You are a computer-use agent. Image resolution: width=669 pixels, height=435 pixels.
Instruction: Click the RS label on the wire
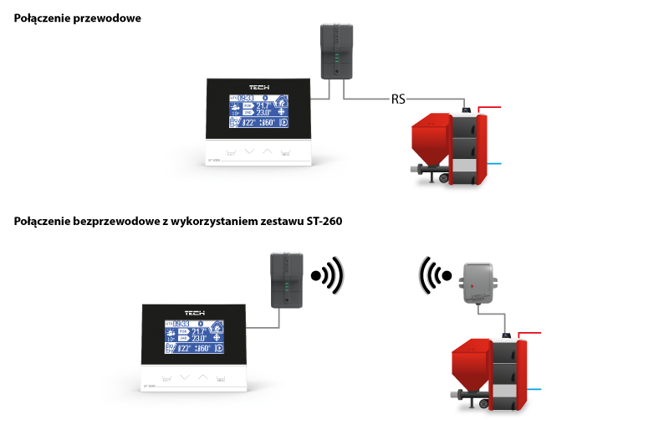[398, 100]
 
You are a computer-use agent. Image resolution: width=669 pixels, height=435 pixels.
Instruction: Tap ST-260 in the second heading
[323, 222]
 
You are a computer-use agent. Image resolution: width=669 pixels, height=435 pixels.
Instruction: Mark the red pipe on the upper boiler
[492, 109]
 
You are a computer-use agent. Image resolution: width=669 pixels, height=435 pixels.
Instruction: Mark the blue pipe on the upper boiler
[493, 164]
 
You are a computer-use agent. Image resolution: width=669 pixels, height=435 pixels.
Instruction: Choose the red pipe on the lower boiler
[532, 333]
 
